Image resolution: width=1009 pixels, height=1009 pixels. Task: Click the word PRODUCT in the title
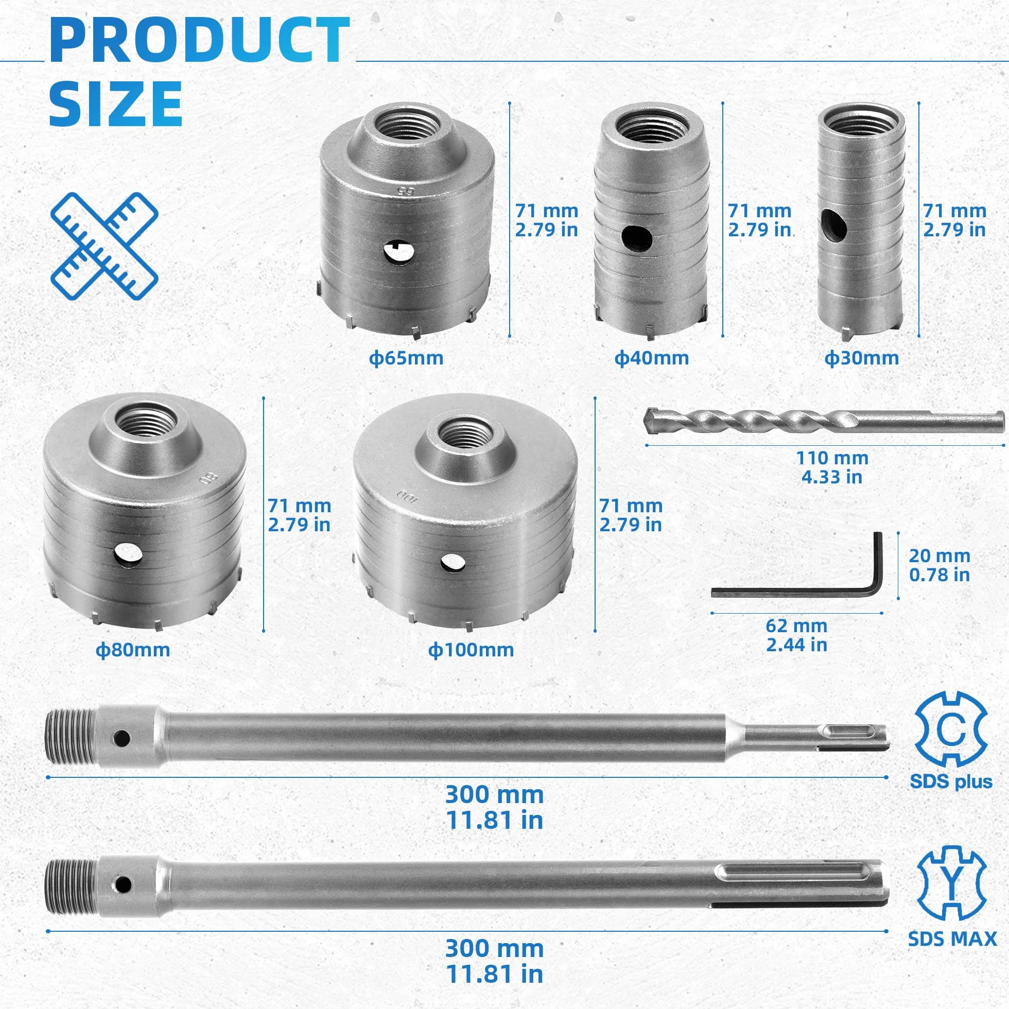200,41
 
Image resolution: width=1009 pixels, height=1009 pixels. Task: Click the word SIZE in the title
116,103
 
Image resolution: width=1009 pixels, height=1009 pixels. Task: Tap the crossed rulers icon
105,246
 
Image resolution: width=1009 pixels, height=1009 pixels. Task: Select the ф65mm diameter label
406,358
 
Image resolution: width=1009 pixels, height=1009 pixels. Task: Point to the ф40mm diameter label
651,358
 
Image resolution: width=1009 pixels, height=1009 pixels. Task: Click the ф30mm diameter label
862,358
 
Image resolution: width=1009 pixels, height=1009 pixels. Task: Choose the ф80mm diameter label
133,650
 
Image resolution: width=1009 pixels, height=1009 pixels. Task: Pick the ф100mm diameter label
471,650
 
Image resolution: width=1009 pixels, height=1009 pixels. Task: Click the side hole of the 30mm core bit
833,225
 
